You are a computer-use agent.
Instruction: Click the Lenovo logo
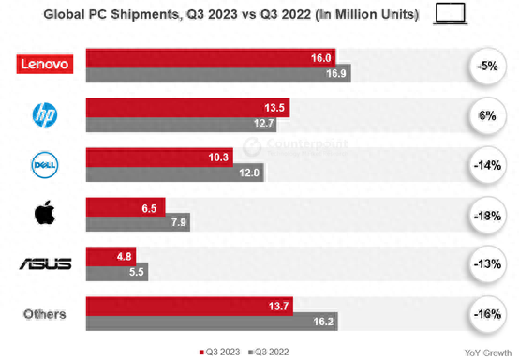pyautogui.click(x=44, y=64)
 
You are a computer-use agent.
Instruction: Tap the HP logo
pyautogui.click(x=44, y=114)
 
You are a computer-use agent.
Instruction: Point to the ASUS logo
pyautogui.click(x=45, y=263)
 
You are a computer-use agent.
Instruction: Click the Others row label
pyautogui.click(x=45, y=313)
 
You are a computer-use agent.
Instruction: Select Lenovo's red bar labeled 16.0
pyautogui.click(x=212, y=57)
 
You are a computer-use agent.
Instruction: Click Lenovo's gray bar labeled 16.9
pyautogui.click(x=218, y=73)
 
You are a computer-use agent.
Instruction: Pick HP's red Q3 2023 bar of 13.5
pyautogui.click(x=187, y=107)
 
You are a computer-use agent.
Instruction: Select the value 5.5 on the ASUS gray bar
pyautogui.click(x=135, y=273)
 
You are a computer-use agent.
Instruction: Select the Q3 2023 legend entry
pyautogui.click(x=222, y=351)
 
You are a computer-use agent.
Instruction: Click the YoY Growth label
pyautogui.click(x=486, y=352)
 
